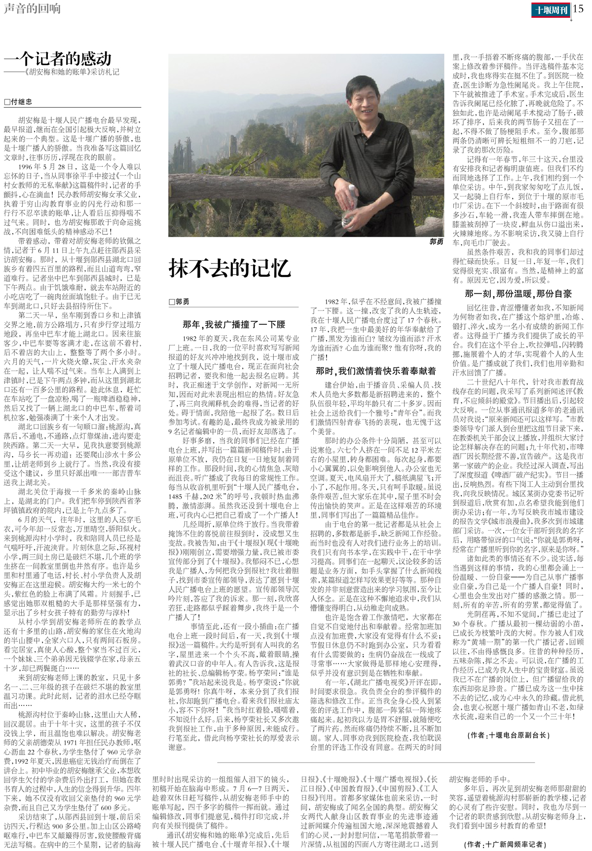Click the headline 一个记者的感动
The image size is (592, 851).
point(58,59)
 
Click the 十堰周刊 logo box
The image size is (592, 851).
point(552,9)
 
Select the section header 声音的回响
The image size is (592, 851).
point(32,9)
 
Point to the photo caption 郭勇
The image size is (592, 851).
point(436,242)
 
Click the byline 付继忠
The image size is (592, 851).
point(21,102)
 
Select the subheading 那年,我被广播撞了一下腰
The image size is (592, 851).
point(234,324)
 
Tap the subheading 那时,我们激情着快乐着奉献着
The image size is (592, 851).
point(376,370)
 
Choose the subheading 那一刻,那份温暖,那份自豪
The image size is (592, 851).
point(518,294)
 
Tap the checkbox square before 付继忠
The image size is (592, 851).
point(7,102)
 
